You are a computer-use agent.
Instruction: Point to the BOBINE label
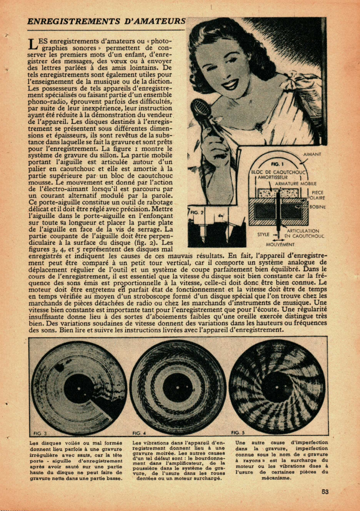click(317, 207)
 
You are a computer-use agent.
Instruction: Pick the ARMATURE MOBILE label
click(294, 184)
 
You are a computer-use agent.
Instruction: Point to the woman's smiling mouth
click(230, 85)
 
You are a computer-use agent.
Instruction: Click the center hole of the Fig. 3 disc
click(80, 387)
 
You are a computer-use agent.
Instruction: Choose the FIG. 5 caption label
click(238, 432)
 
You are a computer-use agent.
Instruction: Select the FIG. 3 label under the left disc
click(40, 434)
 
